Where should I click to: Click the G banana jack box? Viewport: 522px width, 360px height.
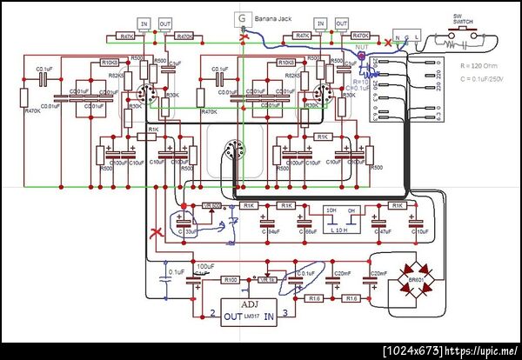pos(240,19)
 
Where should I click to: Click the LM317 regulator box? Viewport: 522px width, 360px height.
pos(251,308)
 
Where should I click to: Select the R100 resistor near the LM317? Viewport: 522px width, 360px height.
pos(230,280)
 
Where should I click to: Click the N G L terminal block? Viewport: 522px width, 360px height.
pos(407,38)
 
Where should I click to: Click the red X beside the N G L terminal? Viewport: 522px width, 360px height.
pos(387,41)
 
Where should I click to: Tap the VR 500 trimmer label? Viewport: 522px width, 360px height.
pos(211,205)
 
